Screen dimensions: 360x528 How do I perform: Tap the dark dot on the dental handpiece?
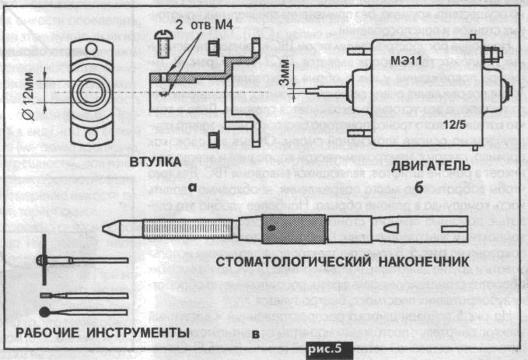(271, 229)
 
